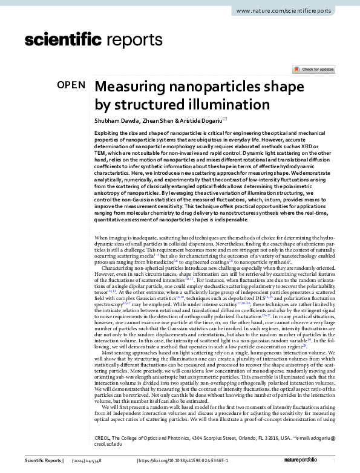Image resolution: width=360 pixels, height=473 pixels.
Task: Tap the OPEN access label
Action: (71, 85)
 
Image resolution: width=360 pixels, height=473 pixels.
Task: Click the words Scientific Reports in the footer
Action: (43, 462)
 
